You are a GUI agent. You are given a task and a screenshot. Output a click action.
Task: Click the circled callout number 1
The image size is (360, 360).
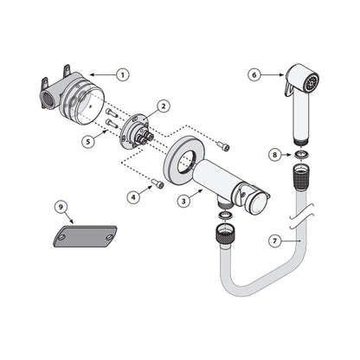[123, 75]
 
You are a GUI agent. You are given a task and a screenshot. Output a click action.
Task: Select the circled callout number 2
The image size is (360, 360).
[164, 106]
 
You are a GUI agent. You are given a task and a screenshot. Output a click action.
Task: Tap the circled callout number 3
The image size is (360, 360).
[183, 201]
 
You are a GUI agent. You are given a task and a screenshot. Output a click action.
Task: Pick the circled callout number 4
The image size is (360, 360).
[133, 197]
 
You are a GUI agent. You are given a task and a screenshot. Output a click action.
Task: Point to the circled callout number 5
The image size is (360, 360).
[88, 142]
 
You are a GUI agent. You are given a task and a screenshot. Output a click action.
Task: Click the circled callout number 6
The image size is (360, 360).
[254, 75]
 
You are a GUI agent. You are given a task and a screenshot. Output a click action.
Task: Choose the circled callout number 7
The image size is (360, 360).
[274, 241]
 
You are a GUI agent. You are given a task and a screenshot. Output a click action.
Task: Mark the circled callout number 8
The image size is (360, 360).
[274, 155]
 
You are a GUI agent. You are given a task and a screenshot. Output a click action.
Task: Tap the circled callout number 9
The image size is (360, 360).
[61, 207]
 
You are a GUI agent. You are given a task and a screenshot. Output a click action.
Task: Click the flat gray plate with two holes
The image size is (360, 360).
[86, 236]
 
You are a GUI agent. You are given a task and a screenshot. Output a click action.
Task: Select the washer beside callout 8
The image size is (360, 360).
[302, 154]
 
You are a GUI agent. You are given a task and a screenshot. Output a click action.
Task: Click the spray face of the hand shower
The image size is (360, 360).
[312, 81]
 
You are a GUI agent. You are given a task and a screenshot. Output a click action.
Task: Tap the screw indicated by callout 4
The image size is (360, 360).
[158, 183]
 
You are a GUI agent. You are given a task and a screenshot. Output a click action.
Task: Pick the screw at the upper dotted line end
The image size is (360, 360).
[224, 146]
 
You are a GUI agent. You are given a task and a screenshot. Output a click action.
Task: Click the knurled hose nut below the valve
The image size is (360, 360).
[224, 232]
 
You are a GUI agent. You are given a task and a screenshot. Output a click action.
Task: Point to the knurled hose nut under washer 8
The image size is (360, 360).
[301, 177]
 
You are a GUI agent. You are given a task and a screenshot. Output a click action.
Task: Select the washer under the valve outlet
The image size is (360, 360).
[226, 215]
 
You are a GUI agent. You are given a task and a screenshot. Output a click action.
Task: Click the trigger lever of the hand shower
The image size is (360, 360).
[287, 87]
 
